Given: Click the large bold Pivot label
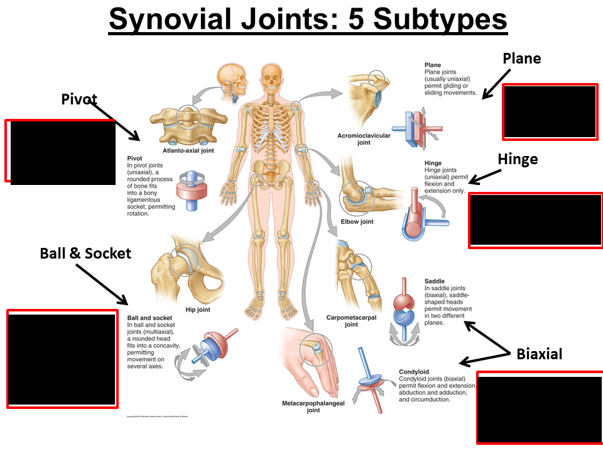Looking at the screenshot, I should click(x=79, y=99).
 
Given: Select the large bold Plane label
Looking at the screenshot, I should click(x=521, y=59).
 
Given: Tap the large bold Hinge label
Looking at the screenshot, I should click(x=518, y=159).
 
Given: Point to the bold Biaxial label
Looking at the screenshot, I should click(x=539, y=354).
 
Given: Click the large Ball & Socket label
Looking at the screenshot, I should click(x=85, y=253).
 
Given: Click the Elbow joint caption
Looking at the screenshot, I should click(x=357, y=221).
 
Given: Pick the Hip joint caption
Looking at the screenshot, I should click(x=198, y=310).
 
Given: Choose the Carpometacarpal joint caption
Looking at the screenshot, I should click(x=351, y=321).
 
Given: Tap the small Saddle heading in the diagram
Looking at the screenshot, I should click(x=435, y=281).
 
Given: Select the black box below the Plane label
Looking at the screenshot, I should click(x=549, y=111).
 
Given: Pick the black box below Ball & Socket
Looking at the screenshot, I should click(x=62, y=359).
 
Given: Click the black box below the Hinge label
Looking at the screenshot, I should click(x=535, y=220).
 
